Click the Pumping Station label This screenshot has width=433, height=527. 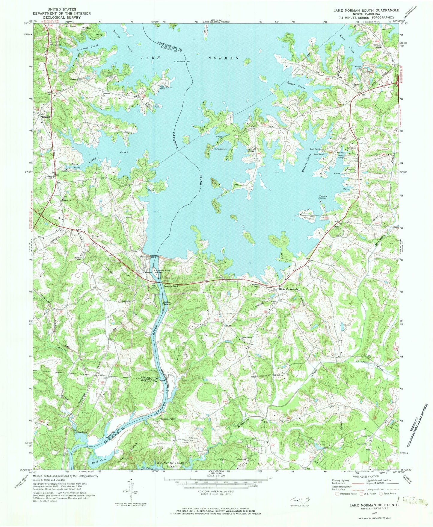pos(323,197)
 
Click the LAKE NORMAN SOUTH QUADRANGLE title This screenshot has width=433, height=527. pos(366,10)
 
